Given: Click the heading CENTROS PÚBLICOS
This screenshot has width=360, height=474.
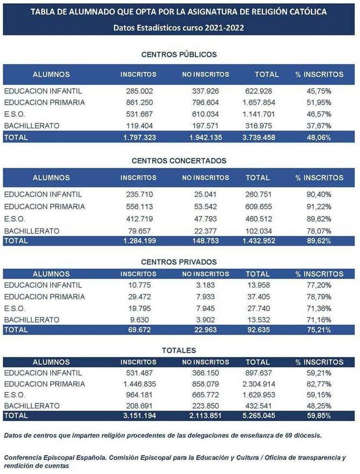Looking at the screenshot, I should pyautogui.click(x=179, y=54).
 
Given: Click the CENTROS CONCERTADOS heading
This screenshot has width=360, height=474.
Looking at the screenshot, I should pyautogui.click(x=179, y=160).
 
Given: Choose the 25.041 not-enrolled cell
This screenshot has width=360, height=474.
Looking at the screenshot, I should pyautogui.click(x=205, y=194).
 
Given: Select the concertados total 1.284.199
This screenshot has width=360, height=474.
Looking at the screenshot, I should pyautogui.click(x=138, y=241).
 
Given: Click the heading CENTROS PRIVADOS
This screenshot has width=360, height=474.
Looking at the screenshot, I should pyautogui.click(x=179, y=262).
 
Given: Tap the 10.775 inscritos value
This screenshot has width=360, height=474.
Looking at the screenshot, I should pyautogui.click(x=138, y=285).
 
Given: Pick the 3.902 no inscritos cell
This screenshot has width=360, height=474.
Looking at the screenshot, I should pyautogui.click(x=205, y=320).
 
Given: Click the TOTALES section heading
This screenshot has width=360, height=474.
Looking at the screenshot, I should pyautogui.click(x=179, y=351).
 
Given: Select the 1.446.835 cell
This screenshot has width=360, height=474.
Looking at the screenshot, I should pyautogui.click(x=138, y=384).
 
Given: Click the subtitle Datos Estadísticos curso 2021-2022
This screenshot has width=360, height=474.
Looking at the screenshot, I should pyautogui.click(x=179, y=28).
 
